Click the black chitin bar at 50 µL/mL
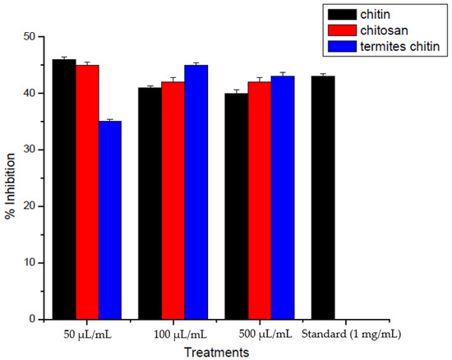click(64, 189)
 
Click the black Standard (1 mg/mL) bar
click(323, 197)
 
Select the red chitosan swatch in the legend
click(339, 30)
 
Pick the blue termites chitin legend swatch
click(339, 48)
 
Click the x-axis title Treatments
click(216, 351)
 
